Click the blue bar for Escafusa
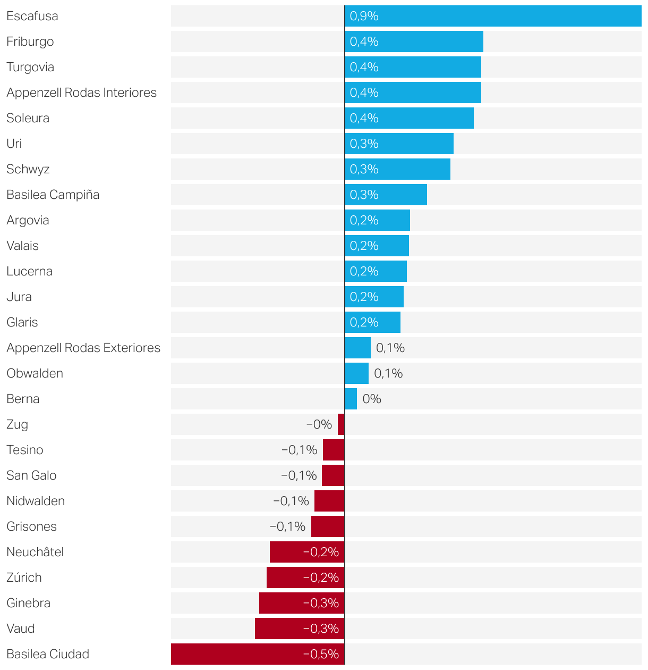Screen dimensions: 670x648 [493, 16]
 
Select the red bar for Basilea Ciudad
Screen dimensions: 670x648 [258, 654]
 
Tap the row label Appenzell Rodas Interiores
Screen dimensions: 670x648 [81, 93]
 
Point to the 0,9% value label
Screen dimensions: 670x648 [364, 16]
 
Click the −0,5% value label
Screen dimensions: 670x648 [321, 654]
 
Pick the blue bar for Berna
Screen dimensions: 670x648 [351, 399]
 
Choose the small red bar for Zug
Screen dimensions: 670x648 [341, 424]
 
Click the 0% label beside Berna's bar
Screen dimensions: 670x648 [372, 399]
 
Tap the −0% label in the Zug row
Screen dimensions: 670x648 [319, 424]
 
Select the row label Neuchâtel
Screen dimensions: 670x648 [35, 552]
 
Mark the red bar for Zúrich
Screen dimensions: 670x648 [305, 577]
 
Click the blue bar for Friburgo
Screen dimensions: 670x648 [414, 41]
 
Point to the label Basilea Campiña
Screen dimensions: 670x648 [53, 195]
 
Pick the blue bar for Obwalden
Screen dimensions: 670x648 [357, 373]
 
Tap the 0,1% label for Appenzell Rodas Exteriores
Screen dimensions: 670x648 [390, 348]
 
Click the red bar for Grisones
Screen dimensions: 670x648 [328, 526]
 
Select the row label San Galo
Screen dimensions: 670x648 [31, 475]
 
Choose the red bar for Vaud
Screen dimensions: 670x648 [300, 629]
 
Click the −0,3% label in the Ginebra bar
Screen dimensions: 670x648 [321, 603]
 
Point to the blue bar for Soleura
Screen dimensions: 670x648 [409, 118]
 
